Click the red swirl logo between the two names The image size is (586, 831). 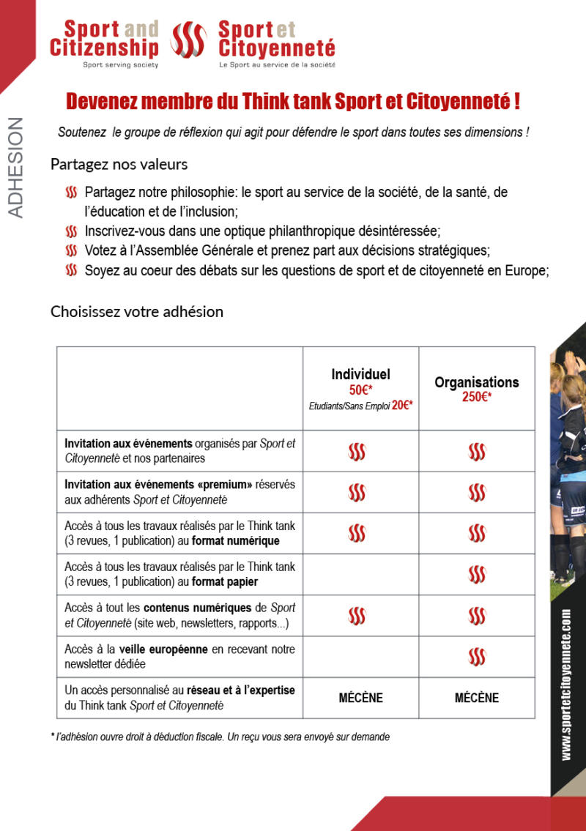188,41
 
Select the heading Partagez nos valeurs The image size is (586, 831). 119,164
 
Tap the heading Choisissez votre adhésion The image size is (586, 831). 136,311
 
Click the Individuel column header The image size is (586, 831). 360,374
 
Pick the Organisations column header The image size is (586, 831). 476,382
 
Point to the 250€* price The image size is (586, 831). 476,397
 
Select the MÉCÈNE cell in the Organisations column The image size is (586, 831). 476,698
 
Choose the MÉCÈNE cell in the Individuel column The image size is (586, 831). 360,698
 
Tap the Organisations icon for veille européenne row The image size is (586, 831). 477,657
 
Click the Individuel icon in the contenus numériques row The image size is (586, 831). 357,616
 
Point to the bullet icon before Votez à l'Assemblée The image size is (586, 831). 71,250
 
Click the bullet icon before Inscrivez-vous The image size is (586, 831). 71,231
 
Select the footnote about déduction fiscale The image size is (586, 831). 220,737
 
